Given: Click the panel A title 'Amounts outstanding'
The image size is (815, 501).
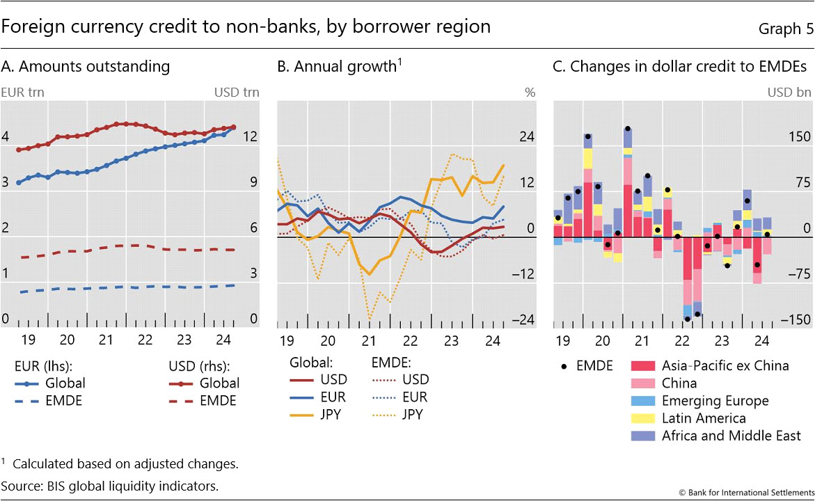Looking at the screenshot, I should click(x=86, y=67).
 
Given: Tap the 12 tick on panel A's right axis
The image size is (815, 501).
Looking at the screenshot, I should click(x=249, y=137).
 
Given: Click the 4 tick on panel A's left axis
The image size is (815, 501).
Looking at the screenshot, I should click(x=6, y=137).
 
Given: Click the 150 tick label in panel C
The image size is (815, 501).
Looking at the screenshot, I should click(x=798, y=137).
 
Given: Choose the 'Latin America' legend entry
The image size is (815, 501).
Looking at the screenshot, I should click(x=703, y=418).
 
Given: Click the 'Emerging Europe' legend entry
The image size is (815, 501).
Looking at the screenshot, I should click(x=715, y=401).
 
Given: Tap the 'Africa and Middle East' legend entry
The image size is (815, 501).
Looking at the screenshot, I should click(x=731, y=436).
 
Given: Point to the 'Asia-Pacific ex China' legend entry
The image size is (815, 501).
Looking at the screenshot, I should click(x=725, y=365).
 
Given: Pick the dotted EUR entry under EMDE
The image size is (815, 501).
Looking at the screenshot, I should click(x=395, y=397).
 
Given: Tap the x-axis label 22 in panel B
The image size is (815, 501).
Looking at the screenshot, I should click(x=411, y=340).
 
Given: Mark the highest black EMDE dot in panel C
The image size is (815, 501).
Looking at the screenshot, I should click(x=628, y=128).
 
